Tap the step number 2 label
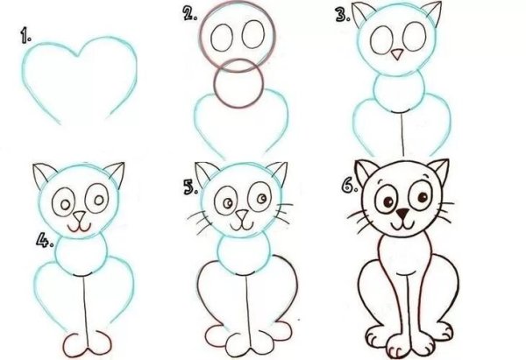click(x=188, y=13)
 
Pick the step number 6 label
click(x=348, y=187)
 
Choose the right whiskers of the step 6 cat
click(x=445, y=215)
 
